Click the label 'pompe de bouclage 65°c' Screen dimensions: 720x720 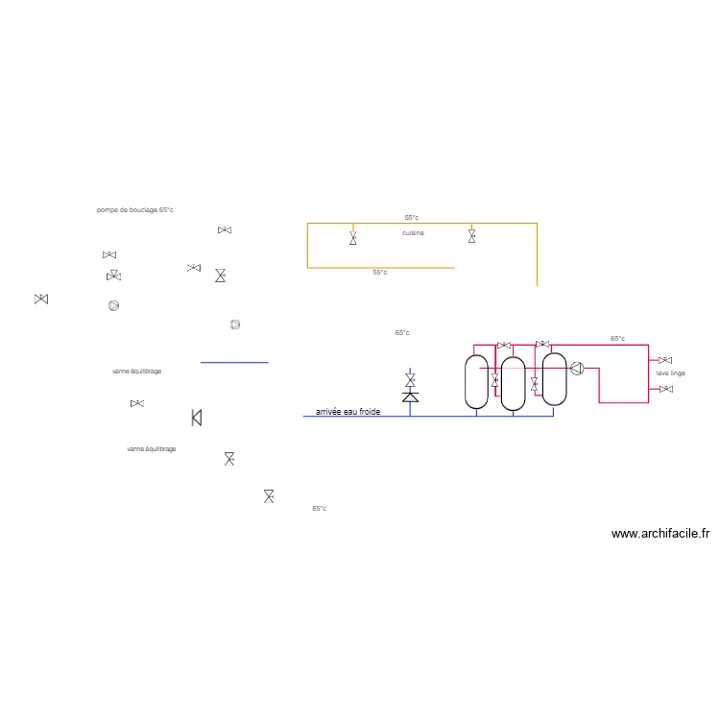134,209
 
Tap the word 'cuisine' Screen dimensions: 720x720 413,233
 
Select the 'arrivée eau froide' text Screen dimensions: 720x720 348,412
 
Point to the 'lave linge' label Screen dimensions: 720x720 671,372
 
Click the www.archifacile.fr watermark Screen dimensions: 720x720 660,534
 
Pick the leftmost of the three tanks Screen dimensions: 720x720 476,381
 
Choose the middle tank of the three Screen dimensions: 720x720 514,383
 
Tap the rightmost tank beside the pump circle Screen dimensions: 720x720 554,378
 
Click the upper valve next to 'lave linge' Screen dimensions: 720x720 665,360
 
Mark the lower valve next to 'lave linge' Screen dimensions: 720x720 665,389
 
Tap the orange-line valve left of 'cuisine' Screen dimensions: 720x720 353,237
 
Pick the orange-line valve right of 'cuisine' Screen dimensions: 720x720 471,235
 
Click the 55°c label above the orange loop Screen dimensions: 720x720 411,218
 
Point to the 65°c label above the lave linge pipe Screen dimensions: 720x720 617,339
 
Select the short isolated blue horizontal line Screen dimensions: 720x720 234,362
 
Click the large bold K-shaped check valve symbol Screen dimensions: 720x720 197,418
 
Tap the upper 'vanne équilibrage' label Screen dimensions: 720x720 136,371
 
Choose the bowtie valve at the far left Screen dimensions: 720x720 41,300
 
